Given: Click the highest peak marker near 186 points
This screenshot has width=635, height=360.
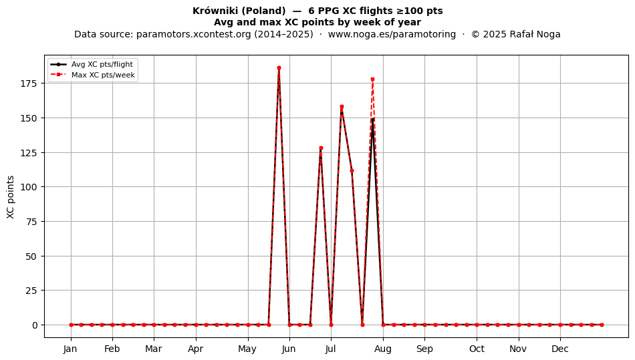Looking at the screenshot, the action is (279, 68).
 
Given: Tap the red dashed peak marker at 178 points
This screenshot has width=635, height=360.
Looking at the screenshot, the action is (372, 79).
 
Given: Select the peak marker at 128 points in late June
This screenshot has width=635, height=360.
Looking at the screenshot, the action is (321, 148).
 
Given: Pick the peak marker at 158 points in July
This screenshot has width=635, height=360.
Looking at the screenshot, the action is (342, 107).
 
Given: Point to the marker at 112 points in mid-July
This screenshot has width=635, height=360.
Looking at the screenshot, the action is (352, 171).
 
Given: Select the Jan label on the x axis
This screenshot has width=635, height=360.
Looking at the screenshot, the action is (70, 349).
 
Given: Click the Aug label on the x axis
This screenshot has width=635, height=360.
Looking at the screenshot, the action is (383, 349).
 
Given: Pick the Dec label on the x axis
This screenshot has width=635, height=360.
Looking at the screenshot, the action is (561, 349).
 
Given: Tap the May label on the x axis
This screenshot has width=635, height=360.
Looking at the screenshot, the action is (247, 349).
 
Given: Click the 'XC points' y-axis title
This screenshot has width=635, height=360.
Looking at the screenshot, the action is (11, 197).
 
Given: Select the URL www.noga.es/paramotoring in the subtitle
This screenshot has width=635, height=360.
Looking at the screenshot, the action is (392, 34).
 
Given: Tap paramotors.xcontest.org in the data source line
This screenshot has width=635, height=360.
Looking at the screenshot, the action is (194, 34).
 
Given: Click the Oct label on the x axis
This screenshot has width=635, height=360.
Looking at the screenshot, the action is (477, 349).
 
